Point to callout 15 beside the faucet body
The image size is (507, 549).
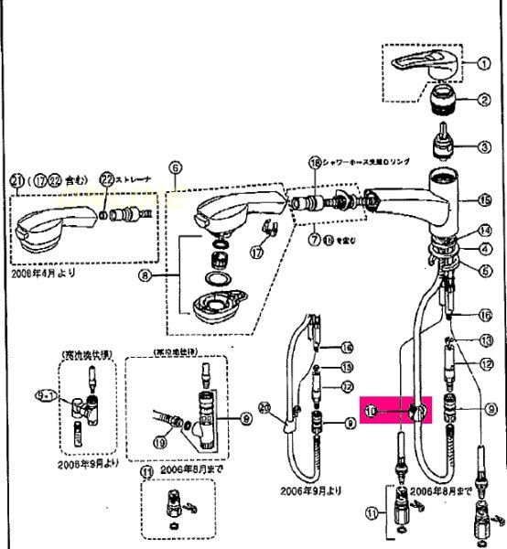(x=483, y=199)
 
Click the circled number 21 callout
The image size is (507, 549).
(x=16, y=178)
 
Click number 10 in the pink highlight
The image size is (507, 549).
(x=371, y=413)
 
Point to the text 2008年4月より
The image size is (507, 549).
(x=43, y=273)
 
